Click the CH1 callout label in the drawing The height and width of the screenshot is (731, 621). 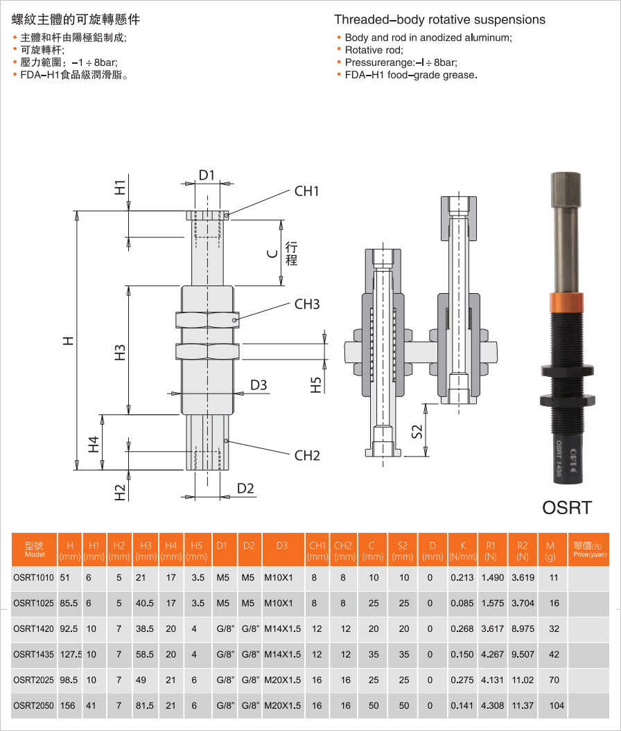[x=307, y=191]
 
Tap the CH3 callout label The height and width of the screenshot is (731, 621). [x=307, y=304]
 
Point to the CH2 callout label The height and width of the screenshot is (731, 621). [x=307, y=455]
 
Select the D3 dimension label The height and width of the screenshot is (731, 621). [x=259, y=385]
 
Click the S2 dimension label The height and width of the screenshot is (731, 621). [x=417, y=431]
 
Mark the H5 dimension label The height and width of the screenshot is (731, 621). [x=316, y=385]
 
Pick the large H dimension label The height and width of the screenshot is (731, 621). [x=69, y=341]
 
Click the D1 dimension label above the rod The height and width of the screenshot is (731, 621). [x=207, y=175]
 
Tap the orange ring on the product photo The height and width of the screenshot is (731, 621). [x=566, y=303]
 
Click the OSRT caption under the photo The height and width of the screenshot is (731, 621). [x=567, y=508]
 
